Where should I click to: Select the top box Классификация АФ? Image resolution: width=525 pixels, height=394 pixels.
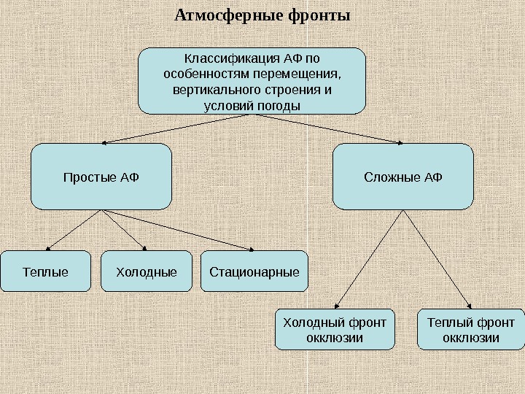coord(252,81)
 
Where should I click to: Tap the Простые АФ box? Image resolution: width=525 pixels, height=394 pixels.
coord(101,177)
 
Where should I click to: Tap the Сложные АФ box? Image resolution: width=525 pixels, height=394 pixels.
coord(403,177)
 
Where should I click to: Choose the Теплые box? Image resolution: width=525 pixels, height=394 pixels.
coord(45,272)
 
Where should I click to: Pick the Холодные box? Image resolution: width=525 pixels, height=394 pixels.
coord(146,272)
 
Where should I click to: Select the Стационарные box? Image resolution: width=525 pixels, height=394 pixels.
coord(254,272)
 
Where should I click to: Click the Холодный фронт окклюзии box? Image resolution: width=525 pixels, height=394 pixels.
coord(335,330)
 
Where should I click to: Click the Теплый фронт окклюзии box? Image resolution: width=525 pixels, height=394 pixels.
coord(470,330)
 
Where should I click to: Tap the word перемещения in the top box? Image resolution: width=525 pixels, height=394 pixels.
coord(306,74)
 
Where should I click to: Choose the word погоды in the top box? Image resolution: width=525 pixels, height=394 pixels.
coord(277,107)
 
